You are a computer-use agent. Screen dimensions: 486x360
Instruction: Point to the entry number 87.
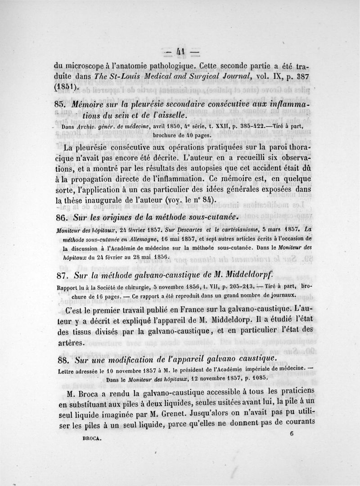[60, 274]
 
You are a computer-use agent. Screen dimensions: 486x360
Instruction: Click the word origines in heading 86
[114, 217]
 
